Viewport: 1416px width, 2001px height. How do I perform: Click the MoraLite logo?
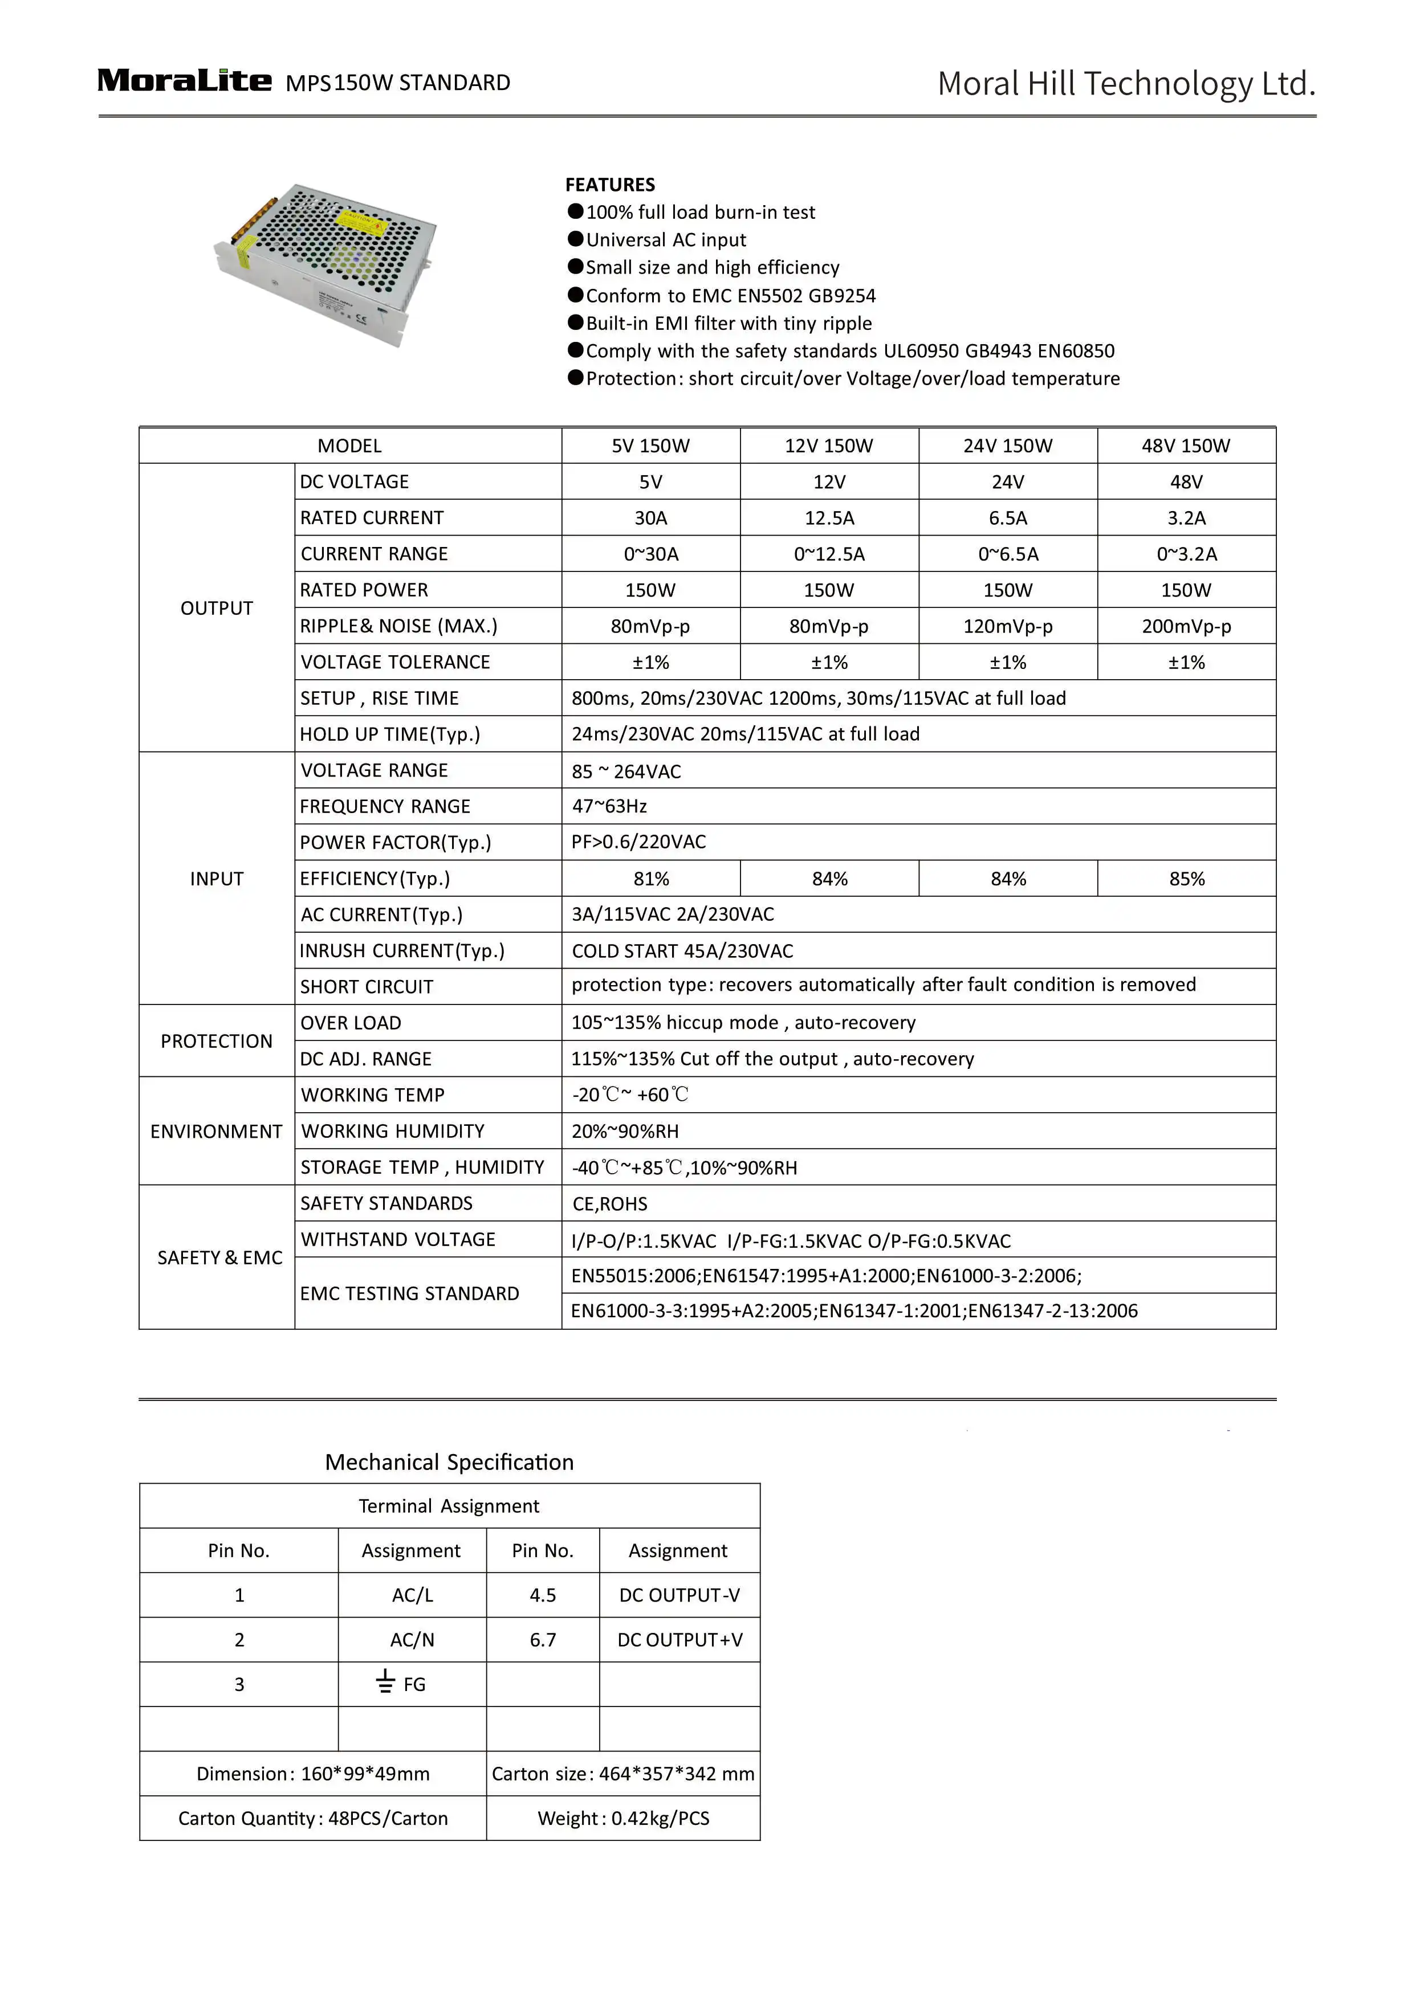184,81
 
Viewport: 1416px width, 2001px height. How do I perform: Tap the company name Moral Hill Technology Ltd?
1126,84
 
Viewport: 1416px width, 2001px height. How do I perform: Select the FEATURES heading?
609,185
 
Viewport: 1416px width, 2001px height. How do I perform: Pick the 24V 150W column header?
1007,446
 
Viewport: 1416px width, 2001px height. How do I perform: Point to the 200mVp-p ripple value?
1186,626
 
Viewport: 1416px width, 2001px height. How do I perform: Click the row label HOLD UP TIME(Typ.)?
390,734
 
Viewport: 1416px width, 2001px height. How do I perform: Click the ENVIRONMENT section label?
216,1131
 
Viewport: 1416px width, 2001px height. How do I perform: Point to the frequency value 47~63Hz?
609,806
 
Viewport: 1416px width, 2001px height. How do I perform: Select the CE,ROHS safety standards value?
609,1203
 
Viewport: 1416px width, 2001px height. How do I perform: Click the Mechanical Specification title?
449,1463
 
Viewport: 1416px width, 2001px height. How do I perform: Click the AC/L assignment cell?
412,1595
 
